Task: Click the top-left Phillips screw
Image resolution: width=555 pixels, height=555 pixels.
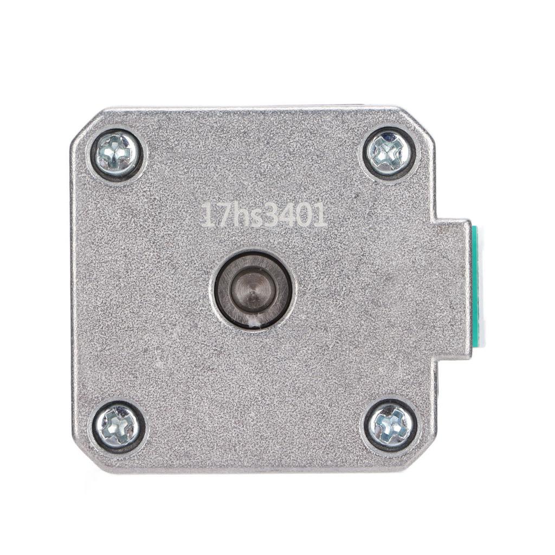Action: [116, 154]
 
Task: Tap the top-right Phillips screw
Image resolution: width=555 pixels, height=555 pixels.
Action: [388, 153]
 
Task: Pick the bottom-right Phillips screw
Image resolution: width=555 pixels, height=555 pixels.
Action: [390, 426]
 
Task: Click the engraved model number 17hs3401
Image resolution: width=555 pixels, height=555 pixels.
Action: [263, 215]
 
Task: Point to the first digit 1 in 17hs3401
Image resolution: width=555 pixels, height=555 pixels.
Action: [206, 215]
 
